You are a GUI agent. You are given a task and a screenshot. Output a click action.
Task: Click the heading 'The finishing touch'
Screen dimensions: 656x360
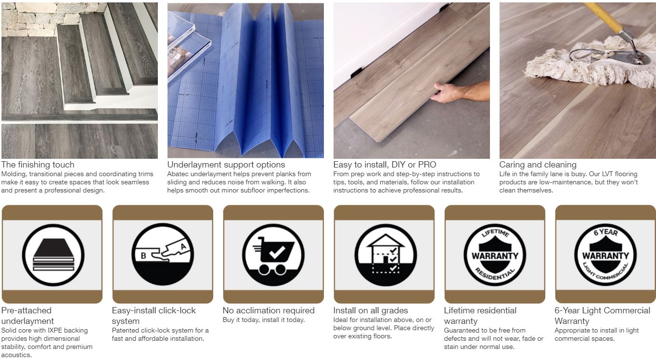click(x=38, y=165)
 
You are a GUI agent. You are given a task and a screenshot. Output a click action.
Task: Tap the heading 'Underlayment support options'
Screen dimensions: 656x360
click(x=226, y=165)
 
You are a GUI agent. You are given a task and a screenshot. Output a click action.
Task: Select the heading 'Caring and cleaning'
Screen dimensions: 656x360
click(x=538, y=165)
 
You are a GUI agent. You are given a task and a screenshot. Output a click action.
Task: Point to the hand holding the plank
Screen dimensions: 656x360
click(x=447, y=92)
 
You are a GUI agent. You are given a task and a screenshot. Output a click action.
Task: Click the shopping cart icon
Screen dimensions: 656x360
click(x=274, y=256)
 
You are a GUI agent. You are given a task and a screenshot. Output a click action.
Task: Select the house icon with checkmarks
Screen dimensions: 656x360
click(x=386, y=254)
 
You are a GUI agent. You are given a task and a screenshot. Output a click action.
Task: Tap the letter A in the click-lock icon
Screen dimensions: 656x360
click(x=183, y=246)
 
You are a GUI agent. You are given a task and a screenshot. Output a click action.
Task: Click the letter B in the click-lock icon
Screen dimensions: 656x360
click(x=143, y=256)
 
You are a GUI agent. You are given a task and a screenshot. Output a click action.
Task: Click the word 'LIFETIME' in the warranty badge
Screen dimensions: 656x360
click(x=495, y=233)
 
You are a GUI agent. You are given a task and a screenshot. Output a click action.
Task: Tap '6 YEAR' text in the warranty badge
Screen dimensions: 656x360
click(x=605, y=232)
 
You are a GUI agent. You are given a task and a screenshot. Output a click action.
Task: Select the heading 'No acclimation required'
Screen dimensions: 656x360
click(x=269, y=310)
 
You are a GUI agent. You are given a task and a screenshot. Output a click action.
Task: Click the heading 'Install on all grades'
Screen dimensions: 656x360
click(x=371, y=310)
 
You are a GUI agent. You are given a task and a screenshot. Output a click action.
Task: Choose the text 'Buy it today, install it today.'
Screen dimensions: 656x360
click(x=264, y=320)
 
